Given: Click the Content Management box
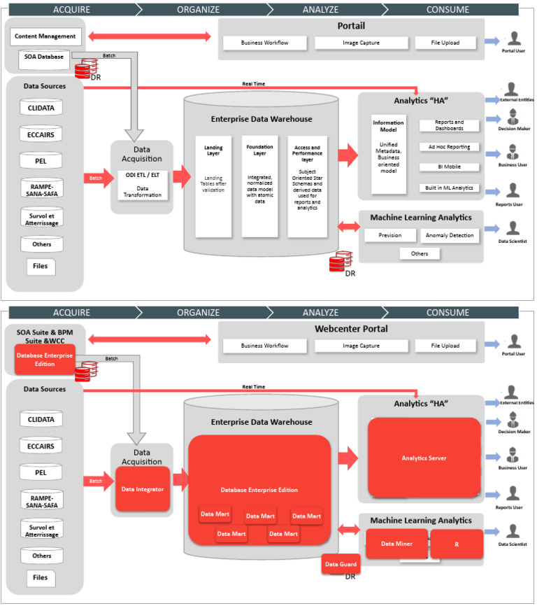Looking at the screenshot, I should (45, 36).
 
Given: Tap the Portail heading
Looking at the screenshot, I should (352, 26).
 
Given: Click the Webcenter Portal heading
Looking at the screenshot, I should (352, 329).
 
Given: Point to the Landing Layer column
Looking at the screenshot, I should (213, 185).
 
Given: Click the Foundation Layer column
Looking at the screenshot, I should (259, 185).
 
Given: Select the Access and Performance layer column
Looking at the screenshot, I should (306, 185).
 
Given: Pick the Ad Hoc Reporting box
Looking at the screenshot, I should (450, 147).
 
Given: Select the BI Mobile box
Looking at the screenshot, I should (450, 167).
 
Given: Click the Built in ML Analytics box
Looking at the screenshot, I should (450, 188).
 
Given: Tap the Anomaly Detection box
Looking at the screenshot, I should (450, 235).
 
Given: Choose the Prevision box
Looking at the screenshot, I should (390, 235).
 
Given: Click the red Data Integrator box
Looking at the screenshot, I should (143, 488).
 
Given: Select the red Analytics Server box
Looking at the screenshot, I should (424, 458).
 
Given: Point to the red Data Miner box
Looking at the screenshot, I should (396, 543).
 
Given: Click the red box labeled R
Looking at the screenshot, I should (456, 543).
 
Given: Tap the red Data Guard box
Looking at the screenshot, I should (341, 564).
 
